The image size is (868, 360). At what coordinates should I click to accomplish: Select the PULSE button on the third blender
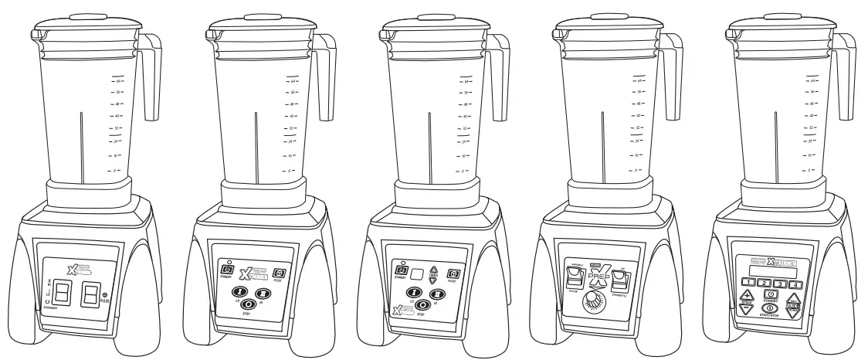454,273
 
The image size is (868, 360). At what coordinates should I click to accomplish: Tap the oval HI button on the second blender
263,293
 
